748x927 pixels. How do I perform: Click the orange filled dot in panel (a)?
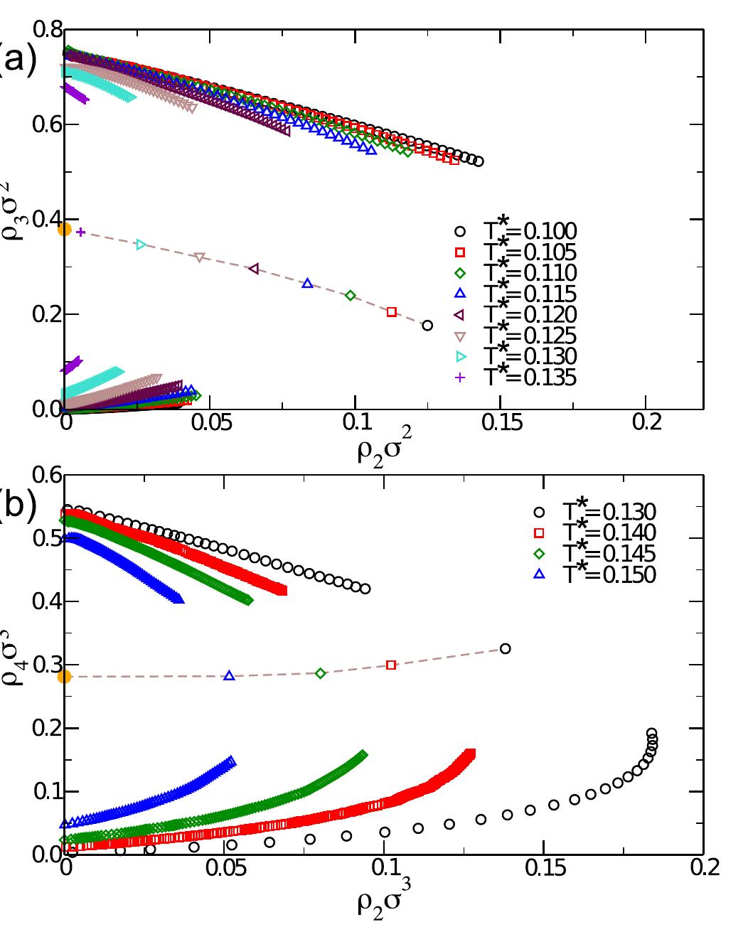64,229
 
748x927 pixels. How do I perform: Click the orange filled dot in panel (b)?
64,676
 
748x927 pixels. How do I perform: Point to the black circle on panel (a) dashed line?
427,326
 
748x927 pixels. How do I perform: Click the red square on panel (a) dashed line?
392,312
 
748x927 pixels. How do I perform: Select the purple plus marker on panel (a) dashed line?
80,232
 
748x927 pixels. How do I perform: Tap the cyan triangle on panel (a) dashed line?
141,245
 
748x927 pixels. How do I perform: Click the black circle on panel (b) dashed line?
506,648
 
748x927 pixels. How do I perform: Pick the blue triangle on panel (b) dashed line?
229,675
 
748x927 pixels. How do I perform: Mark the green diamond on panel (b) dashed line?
321,673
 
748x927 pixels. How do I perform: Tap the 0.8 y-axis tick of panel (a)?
47,31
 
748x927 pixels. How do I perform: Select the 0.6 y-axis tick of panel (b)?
47,475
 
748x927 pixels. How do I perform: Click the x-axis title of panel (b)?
383,901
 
